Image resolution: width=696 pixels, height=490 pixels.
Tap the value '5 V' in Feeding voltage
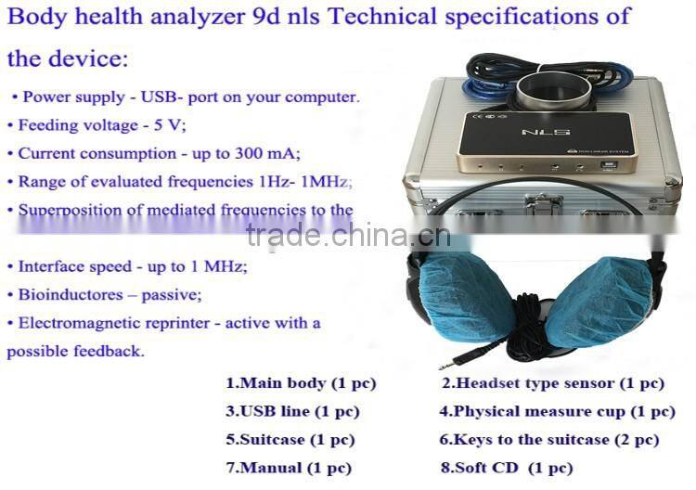coord(174,124)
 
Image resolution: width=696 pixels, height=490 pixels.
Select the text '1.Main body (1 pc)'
coord(301,383)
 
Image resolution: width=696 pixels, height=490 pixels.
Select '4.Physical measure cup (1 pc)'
coord(557,411)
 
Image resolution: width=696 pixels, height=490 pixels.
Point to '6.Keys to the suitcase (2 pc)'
coord(548,439)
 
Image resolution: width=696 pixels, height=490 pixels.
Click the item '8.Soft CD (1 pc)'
coord(506,468)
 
